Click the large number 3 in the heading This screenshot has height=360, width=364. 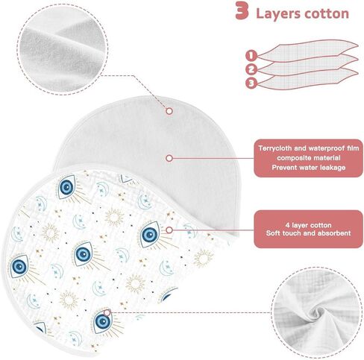[x=242, y=10]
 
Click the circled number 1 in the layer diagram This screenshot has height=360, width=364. [x=251, y=55]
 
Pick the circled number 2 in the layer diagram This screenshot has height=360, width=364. [x=251, y=69]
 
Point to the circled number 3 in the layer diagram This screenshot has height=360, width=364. [x=251, y=83]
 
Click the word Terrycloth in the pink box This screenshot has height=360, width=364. [x=274, y=148]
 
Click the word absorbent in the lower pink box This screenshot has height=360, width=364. [x=336, y=233]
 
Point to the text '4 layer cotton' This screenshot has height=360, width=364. [x=308, y=225]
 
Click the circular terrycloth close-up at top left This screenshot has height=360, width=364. [x=63, y=49]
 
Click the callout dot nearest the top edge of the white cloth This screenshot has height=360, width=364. [x=169, y=111]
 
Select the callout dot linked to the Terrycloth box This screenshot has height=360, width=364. [x=169, y=158]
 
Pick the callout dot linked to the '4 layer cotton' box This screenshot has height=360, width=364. [x=169, y=230]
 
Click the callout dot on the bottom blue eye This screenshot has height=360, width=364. [x=107, y=312]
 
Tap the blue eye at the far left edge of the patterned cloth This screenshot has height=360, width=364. [x=19, y=267]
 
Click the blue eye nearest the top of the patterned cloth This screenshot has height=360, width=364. [x=66, y=187]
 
